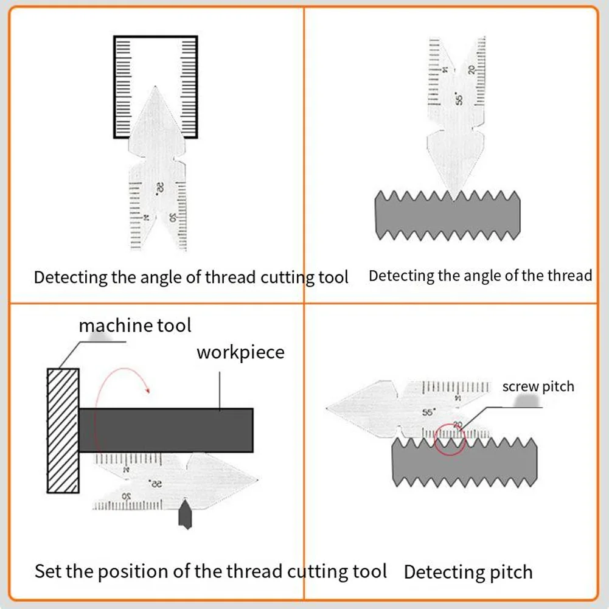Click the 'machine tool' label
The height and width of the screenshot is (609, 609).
point(134,325)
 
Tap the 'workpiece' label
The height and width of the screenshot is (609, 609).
point(240,352)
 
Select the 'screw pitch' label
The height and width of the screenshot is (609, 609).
point(538,387)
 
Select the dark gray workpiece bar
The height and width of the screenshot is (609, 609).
point(165,430)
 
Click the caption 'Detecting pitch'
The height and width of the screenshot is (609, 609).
point(468,572)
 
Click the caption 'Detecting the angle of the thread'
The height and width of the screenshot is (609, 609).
point(480,276)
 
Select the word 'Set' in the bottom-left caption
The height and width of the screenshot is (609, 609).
point(47,571)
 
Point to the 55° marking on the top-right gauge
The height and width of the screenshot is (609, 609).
point(460,98)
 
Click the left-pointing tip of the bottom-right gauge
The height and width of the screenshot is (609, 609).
point(329,406)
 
